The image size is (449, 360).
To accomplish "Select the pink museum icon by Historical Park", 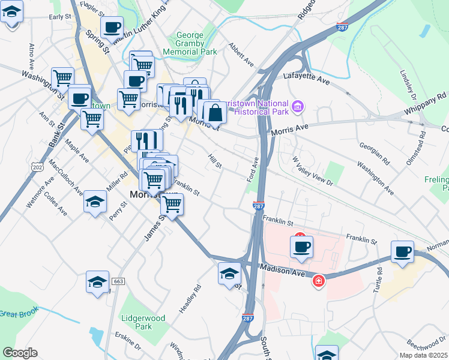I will [297, 107].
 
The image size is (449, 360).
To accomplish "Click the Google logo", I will [20, 353].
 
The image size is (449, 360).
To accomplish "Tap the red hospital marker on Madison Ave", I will [319, 280].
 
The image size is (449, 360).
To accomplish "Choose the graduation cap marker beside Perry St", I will [95, 202].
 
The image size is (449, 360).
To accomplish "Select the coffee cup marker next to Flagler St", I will [112, 27].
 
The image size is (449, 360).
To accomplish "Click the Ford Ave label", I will [252, 170].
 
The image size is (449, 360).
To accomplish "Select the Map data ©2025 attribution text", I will [423, 355].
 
